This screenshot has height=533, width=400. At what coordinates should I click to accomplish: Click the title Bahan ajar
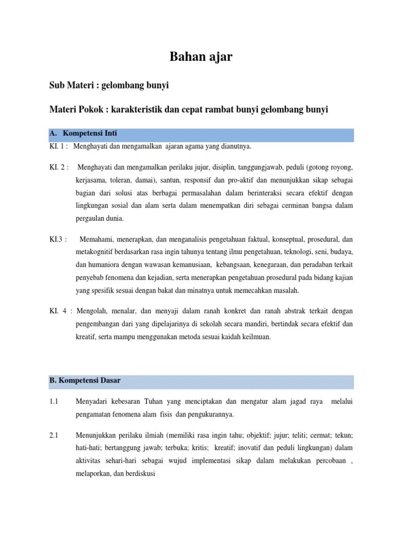click(201, 57)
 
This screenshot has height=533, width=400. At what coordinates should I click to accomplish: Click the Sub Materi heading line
click(109, 85)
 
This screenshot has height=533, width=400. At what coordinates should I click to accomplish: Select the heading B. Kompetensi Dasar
click(85, 380)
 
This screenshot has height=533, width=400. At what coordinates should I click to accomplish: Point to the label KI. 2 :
click(59, 168)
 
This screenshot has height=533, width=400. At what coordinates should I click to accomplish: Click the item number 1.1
click(54, 402)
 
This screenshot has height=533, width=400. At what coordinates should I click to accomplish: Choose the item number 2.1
click(54, 435)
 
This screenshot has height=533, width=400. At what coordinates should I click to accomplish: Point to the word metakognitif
click(94, 252)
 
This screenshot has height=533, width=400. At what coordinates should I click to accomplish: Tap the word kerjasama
click(89, 180)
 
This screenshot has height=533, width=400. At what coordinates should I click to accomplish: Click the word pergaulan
click(87, 218)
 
